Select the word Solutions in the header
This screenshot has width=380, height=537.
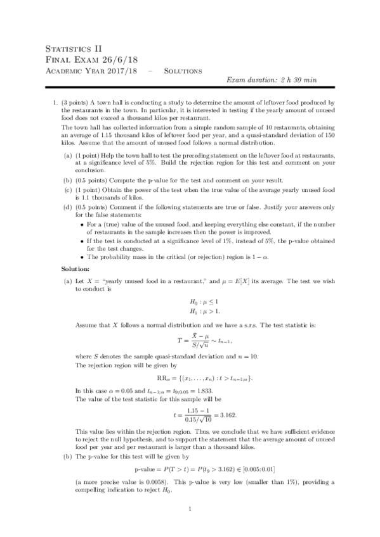pyautogui.click(x=183, y=70)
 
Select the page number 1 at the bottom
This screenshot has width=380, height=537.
pyautogui.click(x=190, y=508)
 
